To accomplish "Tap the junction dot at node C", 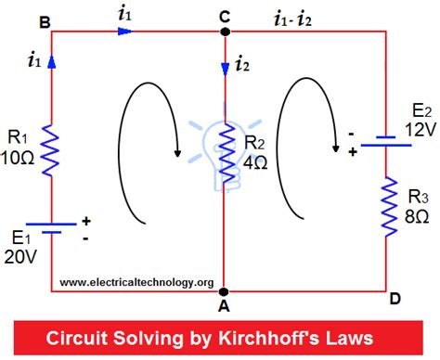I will tap(225, 31).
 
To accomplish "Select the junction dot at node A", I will tap(225, 291).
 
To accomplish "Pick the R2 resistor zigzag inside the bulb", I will tap(225, 157).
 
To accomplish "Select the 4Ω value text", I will tap(252, 161).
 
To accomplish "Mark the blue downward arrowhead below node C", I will tap(225, 67).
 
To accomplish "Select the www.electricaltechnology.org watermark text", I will tap(136, 282).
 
